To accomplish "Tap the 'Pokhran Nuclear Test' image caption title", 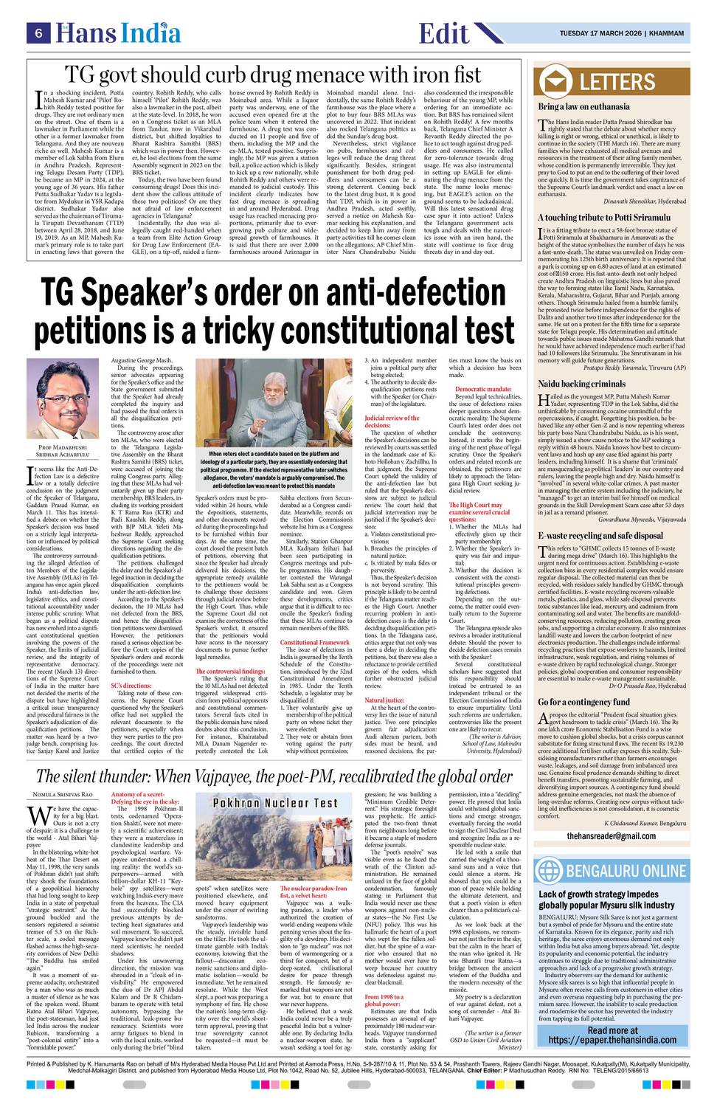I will (x=275, y=803).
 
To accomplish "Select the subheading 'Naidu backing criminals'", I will (x=582, y=384).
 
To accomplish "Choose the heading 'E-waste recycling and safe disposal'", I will (x=600, y=514).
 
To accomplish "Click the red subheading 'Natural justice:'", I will (x=384, y=699).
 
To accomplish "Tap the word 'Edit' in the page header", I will (x=443, y=33).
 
